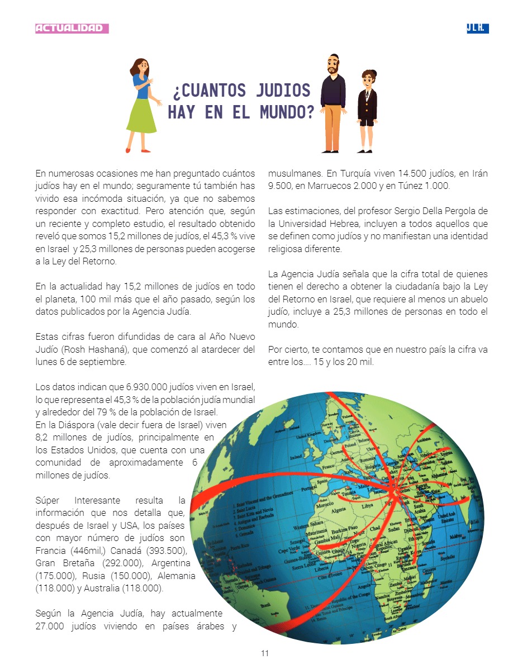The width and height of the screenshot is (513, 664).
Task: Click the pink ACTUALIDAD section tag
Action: (x=72, y=28)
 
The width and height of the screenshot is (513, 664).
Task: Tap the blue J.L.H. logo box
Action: (x=478, y=28)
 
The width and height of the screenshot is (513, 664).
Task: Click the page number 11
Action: (x=265, y=653)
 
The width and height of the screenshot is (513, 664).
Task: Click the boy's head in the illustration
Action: (x=367, y=79)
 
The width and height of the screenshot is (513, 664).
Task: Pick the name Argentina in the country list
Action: (x=171, y=563)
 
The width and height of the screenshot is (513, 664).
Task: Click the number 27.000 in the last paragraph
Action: (x=51, y=625)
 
